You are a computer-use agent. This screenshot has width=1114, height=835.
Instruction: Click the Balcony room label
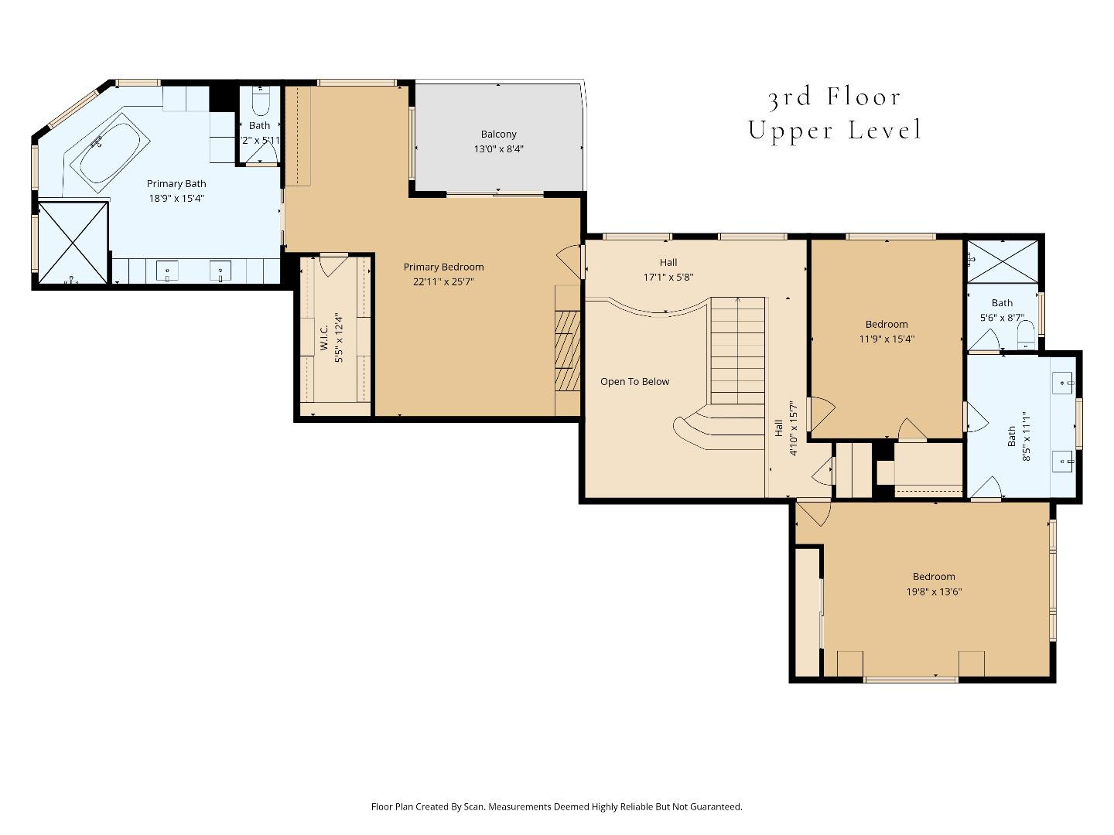pos(498,135)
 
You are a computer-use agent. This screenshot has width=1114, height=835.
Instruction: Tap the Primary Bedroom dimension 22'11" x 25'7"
pos(443,282)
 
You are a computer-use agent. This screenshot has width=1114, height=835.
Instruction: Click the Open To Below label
pos(634,382)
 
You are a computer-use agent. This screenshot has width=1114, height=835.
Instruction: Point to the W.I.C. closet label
pos(324,338)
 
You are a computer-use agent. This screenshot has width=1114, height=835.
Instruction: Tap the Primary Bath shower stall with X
pos(73,242)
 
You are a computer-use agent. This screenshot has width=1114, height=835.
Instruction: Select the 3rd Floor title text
pos(835,97)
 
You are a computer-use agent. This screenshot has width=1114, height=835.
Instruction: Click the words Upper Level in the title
pos(835,130)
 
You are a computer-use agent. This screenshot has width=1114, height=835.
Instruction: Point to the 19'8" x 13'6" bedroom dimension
pos(934,592)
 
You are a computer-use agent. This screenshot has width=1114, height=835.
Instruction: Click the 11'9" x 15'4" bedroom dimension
pos(887,339)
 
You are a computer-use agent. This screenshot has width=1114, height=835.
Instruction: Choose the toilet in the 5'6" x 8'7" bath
pos(1026,333)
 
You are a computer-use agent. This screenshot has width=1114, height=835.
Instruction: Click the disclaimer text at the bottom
pos(556,806)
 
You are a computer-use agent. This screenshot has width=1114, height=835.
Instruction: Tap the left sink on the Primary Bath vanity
pos(167,271)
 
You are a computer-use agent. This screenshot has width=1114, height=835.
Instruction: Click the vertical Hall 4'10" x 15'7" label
pos(785,428)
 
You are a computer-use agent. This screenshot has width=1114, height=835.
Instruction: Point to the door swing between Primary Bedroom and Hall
pos(571,261)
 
